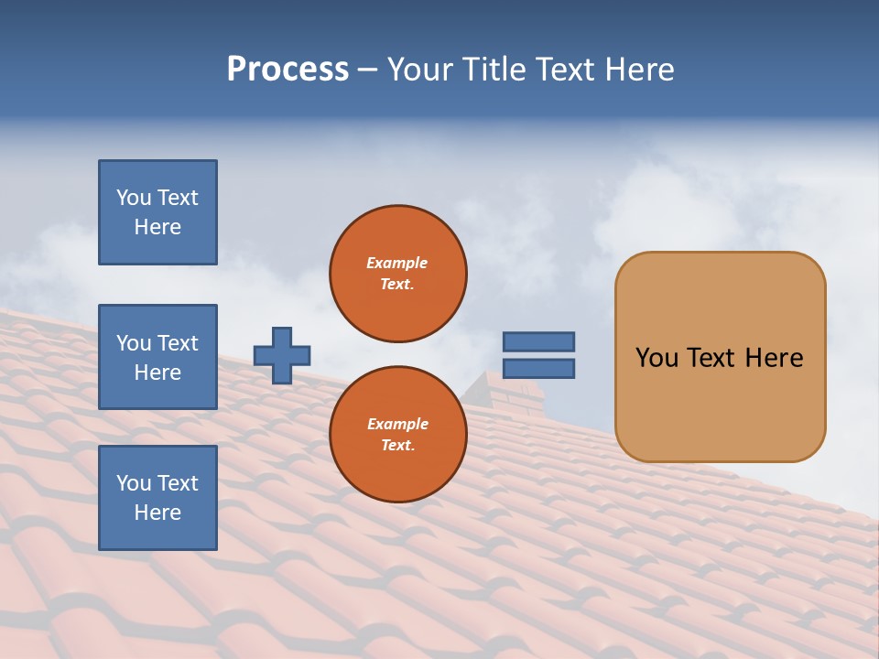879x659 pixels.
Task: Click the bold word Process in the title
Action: tap(288, 70)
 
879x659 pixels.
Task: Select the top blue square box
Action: tap(157, 212)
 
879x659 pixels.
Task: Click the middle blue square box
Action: tap(157, 357)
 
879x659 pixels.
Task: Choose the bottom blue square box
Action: tap(157, 498)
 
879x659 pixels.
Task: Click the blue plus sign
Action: tap(282, 355)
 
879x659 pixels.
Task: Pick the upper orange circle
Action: tap(398, 274)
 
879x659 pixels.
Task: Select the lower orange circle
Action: tap(398, 435)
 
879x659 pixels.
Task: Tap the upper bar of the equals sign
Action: tap(538, 341)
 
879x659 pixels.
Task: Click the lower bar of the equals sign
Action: tap(538, 368)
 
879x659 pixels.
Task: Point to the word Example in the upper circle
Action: tap(397, 263)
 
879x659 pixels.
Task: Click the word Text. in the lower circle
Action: tap(397, 446)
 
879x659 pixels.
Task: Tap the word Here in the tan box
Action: tap(774, 358)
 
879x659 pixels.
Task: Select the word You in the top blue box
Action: tap(133, 198)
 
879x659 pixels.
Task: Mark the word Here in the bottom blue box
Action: tap(157, 513)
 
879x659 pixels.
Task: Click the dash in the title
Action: tap(368, 70)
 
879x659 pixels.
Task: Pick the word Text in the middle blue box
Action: tap(177, 343)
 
